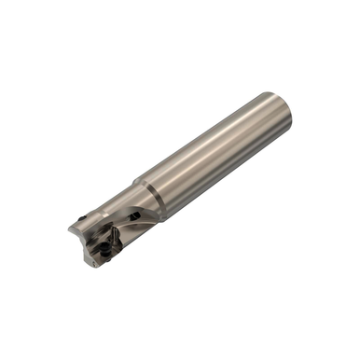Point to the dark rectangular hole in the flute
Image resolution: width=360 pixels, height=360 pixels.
click(x=136, y=216)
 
